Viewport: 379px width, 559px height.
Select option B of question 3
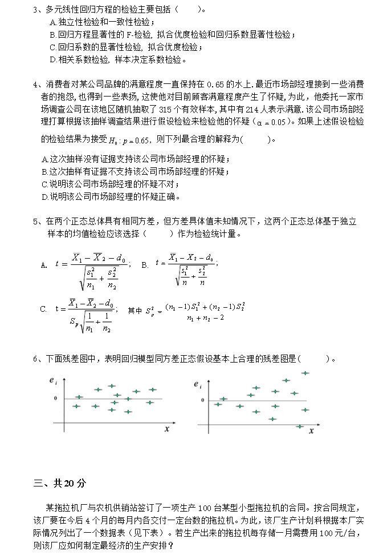[x=171, y=35]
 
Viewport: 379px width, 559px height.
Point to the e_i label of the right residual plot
[x=197, y=385]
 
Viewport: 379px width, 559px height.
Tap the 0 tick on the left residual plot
[x=55, y=399]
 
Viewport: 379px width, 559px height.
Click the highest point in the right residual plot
[x=305, y=373]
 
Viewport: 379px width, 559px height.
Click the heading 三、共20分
[x=60, y=483]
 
